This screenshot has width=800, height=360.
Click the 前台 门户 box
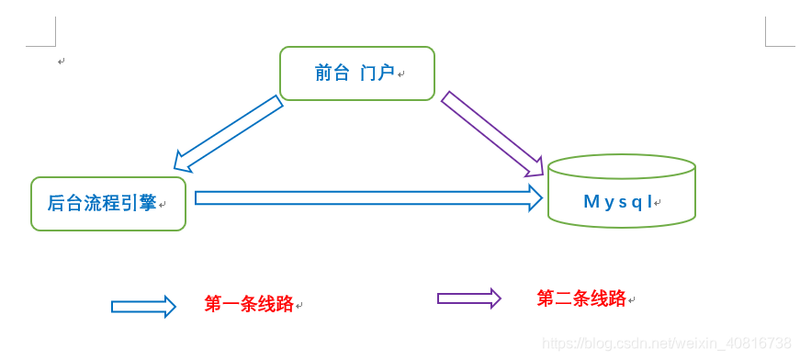(356, 73)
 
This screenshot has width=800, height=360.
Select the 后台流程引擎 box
(108, 204)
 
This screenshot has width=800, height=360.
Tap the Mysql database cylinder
(621, 193)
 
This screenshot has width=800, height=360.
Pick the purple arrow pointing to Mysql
(490, 132)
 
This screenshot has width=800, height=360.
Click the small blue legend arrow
(142, 307)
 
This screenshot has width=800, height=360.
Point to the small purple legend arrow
(468, 298)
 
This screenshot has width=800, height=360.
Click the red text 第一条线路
(248, 304)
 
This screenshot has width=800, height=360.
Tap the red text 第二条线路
(580, 298)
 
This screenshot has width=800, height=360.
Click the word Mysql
(618, 202)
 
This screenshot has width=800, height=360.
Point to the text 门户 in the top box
(377, 73)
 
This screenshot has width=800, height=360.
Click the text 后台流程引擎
(101, 204)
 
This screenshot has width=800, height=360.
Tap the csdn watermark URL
(666, 343)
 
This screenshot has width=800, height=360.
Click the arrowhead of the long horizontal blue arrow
(535, 197)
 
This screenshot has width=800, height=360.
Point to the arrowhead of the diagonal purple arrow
(535, 168)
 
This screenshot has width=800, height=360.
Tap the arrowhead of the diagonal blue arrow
(182, 162)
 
